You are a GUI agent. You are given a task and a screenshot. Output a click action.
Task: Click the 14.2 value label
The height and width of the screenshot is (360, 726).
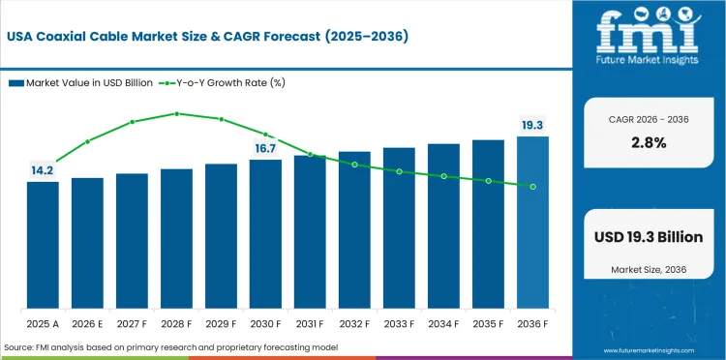[x=42, y=170]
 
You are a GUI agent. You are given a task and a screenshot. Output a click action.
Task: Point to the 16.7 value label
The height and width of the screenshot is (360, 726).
[x=265, y=148]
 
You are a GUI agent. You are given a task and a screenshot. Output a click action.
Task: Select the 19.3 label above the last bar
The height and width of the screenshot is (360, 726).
[x=532, y=125]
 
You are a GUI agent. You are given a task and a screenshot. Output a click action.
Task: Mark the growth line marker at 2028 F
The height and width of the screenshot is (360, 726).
[x=176, y=113]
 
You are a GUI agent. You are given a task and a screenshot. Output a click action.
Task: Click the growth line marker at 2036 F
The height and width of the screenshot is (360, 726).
[x=532, y=186]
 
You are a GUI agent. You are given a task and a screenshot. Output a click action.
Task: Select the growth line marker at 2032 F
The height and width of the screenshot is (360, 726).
[x=354, y=165]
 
